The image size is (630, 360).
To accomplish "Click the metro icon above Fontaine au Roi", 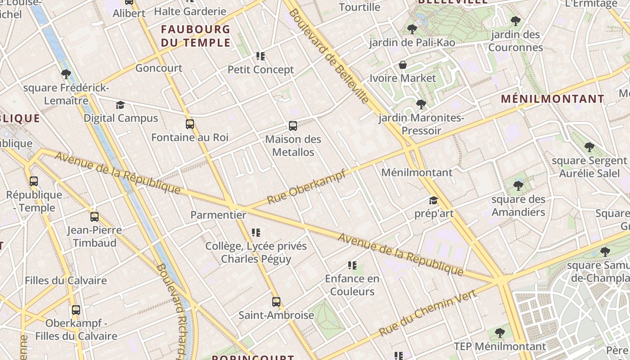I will click(x=190, y=124).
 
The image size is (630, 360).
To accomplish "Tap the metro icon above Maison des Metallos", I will click(x=293, y=126).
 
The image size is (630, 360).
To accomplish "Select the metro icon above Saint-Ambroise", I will click(x=276, y=302).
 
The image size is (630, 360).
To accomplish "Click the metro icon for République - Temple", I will click(x=34, y=181).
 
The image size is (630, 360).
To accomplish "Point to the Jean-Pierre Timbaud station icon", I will click(x=94, y=217).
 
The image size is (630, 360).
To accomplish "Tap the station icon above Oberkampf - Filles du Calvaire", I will click(x=76, y=310).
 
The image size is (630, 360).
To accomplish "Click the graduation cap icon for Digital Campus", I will click(x=120, y=105).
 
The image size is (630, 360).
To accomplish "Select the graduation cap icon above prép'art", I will click(x=433, y=200).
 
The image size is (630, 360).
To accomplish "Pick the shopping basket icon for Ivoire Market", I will click(x=403, y=65).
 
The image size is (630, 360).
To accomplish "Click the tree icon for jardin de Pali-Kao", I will click(x=412, y=30).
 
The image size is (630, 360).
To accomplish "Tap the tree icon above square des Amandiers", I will click(x=518, y=186).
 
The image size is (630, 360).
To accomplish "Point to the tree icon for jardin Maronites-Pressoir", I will click(x=421, y=105).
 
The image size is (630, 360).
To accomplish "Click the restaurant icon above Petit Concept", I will click(x=261, y=56).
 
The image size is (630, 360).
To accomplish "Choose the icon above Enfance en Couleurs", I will click(x=352, y=265).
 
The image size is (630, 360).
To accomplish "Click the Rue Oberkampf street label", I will click(x=307, y=187).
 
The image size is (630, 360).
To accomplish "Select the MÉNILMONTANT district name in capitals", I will click(x=553, y=99).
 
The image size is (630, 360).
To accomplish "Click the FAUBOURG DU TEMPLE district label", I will click(x=196, y=36).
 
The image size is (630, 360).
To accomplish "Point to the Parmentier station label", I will click(x=218, y=215).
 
